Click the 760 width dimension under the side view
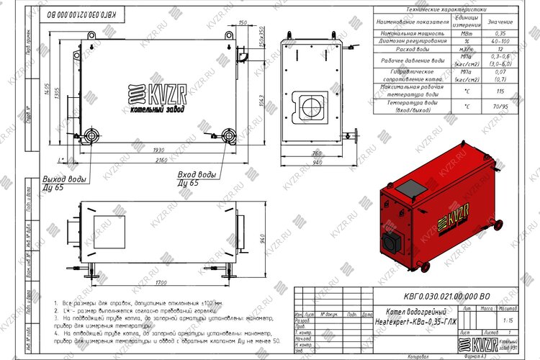315,153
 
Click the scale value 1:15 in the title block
509,319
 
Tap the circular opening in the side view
313,105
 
